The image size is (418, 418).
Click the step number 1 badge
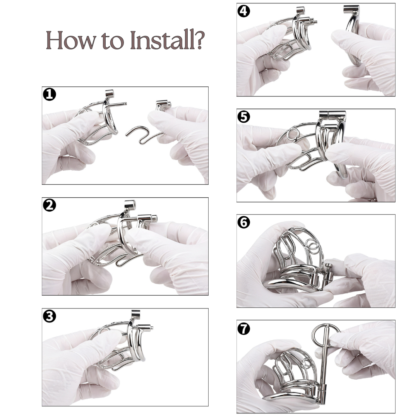[49, 94]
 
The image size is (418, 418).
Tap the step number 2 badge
[49, 206]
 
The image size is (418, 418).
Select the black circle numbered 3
[49, 316]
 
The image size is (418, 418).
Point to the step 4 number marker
[244, 11]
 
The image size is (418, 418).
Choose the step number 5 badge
[244, 116]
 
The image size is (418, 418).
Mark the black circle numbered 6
[244, 222]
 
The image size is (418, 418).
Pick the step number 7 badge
[244, 328]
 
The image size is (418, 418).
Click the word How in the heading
[69, 40]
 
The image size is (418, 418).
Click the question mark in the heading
[198, 40]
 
